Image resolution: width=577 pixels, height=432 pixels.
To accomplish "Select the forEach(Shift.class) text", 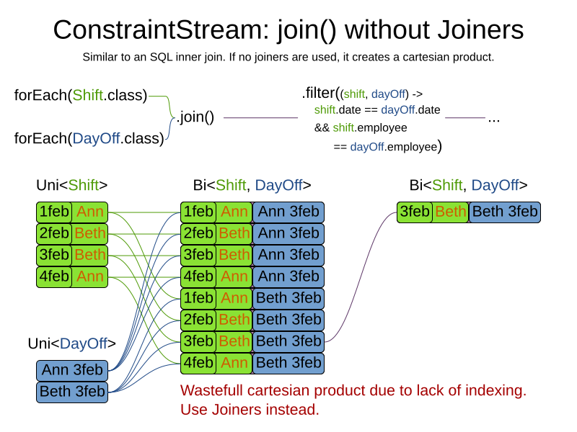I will pyautogui.click(x=81, y=95).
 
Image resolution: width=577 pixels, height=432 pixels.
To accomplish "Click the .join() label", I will pyautogui.click(x=195, y=117).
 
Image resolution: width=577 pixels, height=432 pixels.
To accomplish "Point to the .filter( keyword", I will pyautogui.click(x=320, y=93).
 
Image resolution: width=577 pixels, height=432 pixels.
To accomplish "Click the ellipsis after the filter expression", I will pyautogui.click(x=494, y=118).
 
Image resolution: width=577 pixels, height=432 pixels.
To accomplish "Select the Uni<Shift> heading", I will pyautogui.click(x=72, y=185).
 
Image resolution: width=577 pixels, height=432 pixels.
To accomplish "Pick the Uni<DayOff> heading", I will pyautogui.click(x=72, y=343).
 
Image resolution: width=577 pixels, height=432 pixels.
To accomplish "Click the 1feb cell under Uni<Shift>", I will pyautogui.click(x=54, y=212).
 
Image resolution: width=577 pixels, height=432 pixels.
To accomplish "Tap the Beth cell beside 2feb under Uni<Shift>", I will pyautogui.click(x=89, y=234).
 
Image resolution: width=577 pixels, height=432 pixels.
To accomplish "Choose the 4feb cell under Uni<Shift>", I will pyautogui.click(x=54, y=276).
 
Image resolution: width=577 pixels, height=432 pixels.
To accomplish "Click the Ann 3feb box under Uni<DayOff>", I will pyautogui.click(x=72, y=371).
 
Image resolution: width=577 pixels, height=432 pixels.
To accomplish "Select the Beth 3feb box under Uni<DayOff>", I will pyautogui.click(x=72, y=392).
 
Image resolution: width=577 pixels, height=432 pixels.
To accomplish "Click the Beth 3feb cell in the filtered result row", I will pyautogui.click(x=504, y=212).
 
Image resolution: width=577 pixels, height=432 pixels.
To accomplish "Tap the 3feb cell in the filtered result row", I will pyautogui.click(x=415, y=212).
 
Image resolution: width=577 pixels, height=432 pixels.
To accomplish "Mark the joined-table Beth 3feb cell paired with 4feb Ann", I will pyautogui.click(x=288, y=363).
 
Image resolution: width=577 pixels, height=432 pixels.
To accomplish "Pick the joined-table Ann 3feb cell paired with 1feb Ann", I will pyautogui.click(x=288, y=212).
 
